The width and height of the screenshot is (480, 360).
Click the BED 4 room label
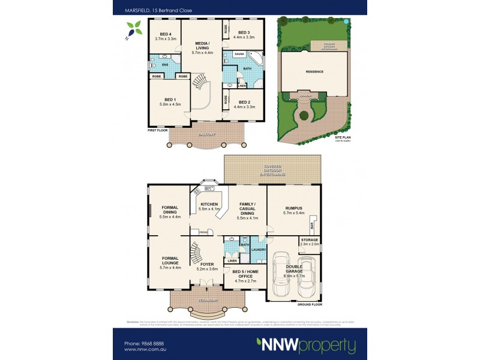[x=165, y=33]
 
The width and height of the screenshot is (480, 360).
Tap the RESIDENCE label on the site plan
[x=314, y=71]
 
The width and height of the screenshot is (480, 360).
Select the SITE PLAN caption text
[x=343, y=137]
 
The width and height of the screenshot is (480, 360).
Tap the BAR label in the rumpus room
[x=312, y=226]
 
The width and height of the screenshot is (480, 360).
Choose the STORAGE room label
[x=310, y=240]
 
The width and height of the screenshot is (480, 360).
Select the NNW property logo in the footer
[x=305, y=346]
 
